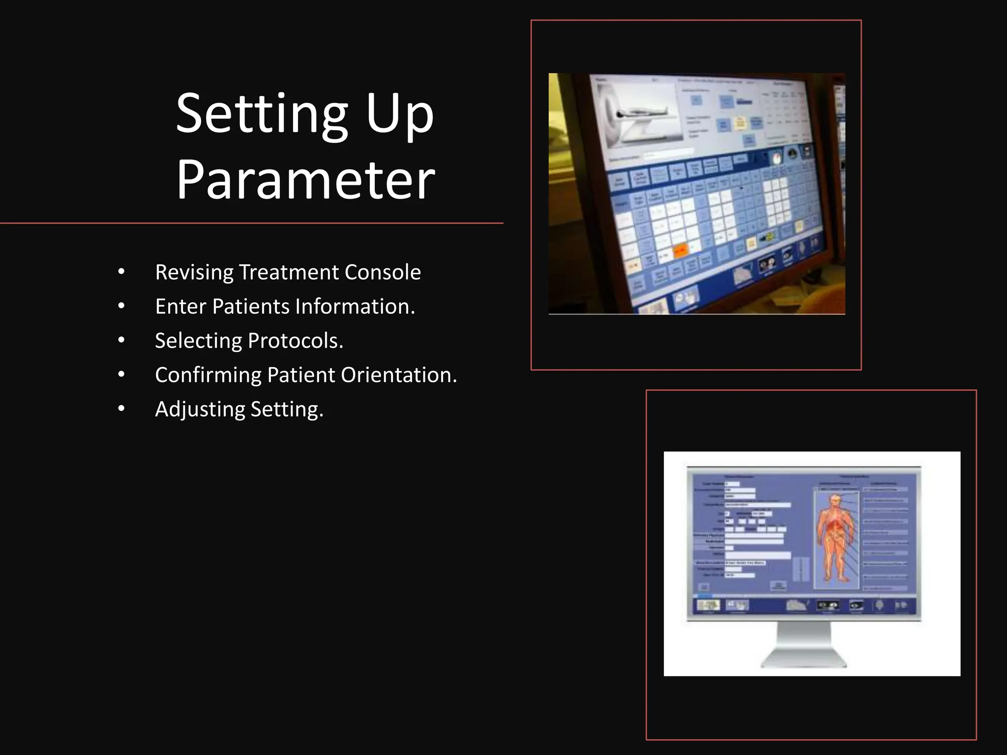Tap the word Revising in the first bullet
pos(194,272)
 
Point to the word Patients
pos(251,306)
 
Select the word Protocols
pos(295,341)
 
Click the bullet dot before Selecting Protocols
pos(121,341)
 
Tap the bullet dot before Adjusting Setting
pos(121,409)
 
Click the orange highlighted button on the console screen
pos(681,251)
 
